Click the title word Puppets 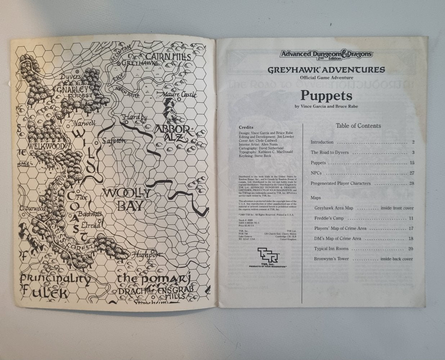pyautogui.click(x=321, y=96)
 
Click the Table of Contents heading pyautogui.click(x=358, y=126)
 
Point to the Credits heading pyautogui.click(x=246, y=127)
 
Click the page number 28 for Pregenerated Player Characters pyautogui.click(x=412, y=184)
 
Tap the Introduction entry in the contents pyautogui.click(x=322, y=142)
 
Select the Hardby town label pyautogui.click(x=135, y=117)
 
